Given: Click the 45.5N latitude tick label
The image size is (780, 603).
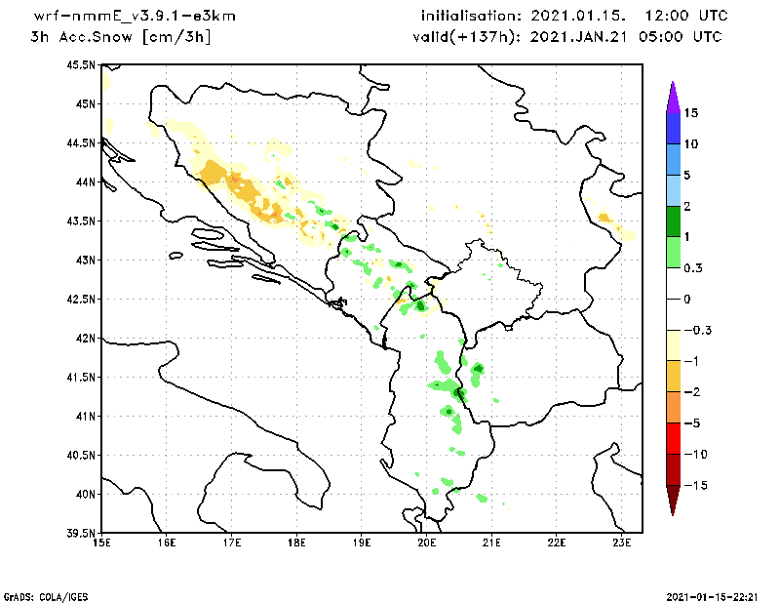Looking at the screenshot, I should coord(82,65).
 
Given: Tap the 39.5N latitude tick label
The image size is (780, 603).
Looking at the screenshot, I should coord(82,534).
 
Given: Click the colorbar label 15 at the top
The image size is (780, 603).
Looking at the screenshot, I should coord(691,112).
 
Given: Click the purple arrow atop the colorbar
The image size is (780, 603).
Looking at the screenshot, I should coord(672,96).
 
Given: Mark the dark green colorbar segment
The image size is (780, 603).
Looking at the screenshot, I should coord(672,221).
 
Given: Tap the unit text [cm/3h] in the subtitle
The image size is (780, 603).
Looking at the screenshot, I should coord(175,37).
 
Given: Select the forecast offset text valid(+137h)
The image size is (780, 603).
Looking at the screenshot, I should coord(457,37).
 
